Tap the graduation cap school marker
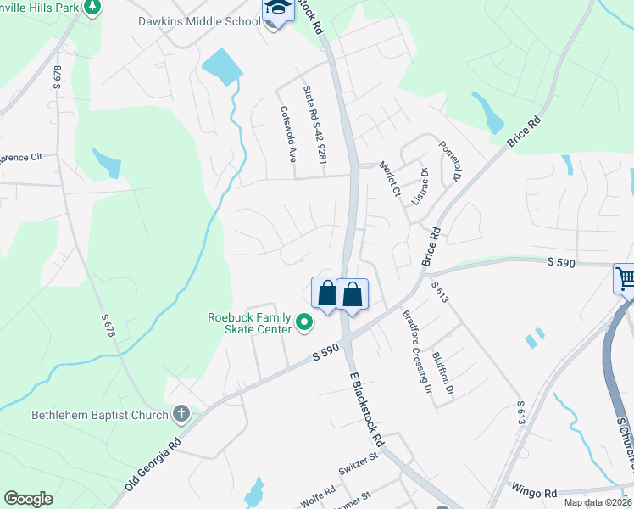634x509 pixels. (277, 12)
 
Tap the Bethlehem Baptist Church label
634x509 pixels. (97, 416)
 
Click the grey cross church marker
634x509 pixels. (181, 415)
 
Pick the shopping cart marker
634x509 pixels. (626, 279)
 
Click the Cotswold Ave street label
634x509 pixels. (289, 134)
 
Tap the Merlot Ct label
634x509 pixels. (390, 179)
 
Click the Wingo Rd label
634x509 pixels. (533, 491)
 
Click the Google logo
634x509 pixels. (28, 499)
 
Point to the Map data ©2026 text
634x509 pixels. (598, 502)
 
